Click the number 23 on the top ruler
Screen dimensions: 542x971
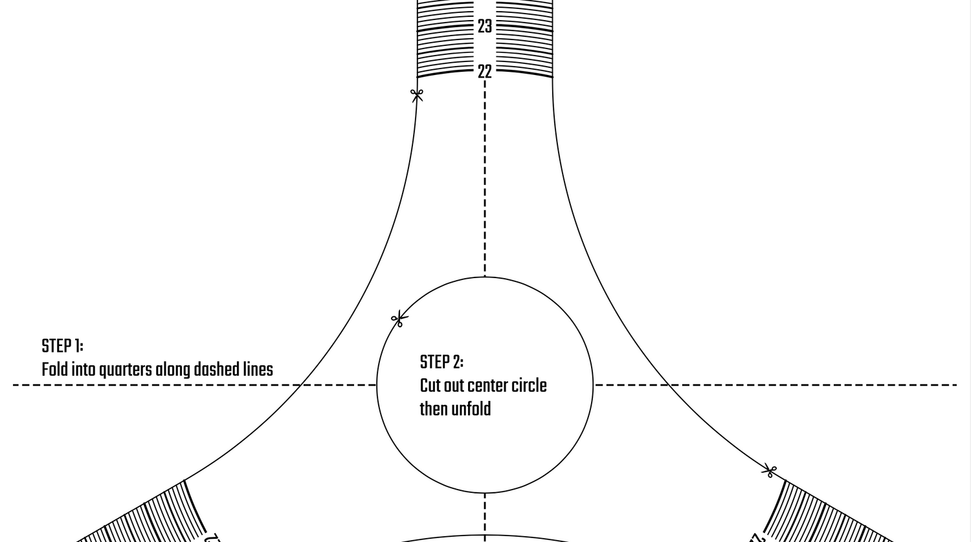click(x=485, y=27)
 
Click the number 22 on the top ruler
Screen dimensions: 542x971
click(x=485, y=72)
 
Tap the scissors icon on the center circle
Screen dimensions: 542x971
click(x=399, y=319)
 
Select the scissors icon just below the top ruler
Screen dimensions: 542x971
click(x=417, y=95)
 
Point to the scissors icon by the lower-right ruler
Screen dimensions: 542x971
click(x=769, y=471)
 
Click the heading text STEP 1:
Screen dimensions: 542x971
click(x=62, y=346)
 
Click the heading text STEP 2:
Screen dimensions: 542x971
click(x=441, y=362)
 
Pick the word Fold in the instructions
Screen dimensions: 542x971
click(x=54, y=370)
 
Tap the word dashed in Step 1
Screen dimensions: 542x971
click(x=216, y=370)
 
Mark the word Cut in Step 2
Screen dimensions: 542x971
click(x=430, y=385)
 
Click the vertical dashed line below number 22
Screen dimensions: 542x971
click(x=485, y=175)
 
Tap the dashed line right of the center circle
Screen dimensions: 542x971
click(x=777, y=385)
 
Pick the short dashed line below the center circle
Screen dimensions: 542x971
click(x=485, y=514)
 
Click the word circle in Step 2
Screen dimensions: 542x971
click(x=530, y=385)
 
